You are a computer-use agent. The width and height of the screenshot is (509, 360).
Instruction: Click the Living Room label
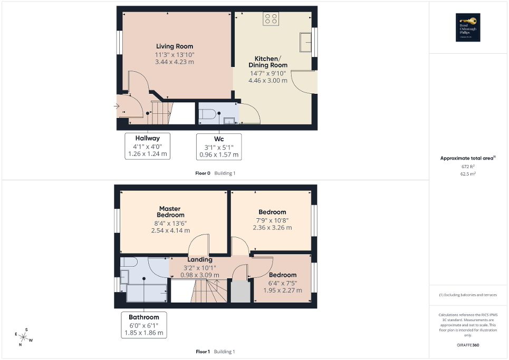click(174, 46)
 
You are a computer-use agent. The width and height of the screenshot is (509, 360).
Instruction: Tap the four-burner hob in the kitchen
click(272, 18)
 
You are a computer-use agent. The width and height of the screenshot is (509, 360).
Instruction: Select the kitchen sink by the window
click(305, 42)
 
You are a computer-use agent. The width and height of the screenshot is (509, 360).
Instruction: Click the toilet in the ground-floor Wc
click(208, 114)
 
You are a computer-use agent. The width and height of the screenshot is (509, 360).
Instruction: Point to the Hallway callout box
click(148, 146)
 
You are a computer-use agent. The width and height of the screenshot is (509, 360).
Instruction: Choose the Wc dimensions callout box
click(219, 147)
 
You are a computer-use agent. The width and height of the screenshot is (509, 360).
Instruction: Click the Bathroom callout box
click(143, 325)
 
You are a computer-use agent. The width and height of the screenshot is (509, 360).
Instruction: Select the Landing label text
click(200, 259)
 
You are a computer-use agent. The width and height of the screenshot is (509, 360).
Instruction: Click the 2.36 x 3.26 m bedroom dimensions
click(272, 228)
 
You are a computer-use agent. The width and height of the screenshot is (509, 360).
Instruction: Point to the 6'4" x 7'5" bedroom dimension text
click(283, 283)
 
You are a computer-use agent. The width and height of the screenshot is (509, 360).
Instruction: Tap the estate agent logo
click(466, 27)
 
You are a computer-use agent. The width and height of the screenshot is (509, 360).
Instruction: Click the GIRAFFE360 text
click(469, 345)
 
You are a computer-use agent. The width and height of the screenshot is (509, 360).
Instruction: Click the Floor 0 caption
click(203, 173)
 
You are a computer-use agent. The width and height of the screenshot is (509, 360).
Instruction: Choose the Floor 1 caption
click(203, 352)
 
